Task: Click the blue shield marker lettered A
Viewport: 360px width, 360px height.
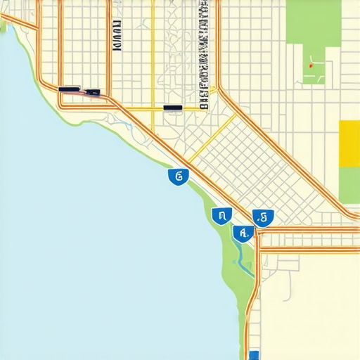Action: [x=243, y=233]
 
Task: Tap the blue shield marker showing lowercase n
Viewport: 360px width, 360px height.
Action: [x=221, y=215]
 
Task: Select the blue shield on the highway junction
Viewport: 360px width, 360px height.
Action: [x=264, y=218]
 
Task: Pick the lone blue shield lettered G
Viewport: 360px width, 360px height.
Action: [x=178, y=176]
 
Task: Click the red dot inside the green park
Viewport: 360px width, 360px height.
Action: [x=310, y=66]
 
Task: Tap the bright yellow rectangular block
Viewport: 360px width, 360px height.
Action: [x=349, y=143]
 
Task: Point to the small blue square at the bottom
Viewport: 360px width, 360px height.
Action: [x=254, y=355]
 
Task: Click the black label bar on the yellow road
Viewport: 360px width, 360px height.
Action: [x=172, y=108]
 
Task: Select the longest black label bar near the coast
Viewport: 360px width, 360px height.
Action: [x=70, y=90]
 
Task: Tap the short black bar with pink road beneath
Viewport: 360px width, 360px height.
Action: [x=93, y=92]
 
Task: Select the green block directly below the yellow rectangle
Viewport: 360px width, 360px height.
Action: [x=349, y=184]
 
